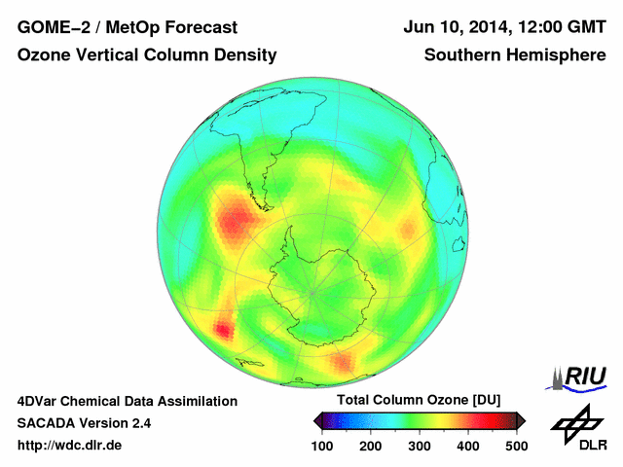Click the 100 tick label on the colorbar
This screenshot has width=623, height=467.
tap(322, 446)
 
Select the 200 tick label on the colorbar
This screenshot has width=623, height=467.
tap(370, 446)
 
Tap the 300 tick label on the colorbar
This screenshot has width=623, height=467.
tap(419, 446)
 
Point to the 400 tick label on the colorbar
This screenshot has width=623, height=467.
tap(467, 446)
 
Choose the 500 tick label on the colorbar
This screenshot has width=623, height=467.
tap(515, 446)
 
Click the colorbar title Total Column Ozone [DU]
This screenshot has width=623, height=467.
tap(419, 401)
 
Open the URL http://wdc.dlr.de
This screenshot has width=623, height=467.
tap(70, 446)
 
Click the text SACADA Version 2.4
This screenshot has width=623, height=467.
tap(84, 423)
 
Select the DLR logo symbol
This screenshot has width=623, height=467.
tap(577, 424)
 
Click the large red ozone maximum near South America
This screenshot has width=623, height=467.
tap(236, 220)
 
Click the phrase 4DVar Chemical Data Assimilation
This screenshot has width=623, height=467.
tap(127, 401)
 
